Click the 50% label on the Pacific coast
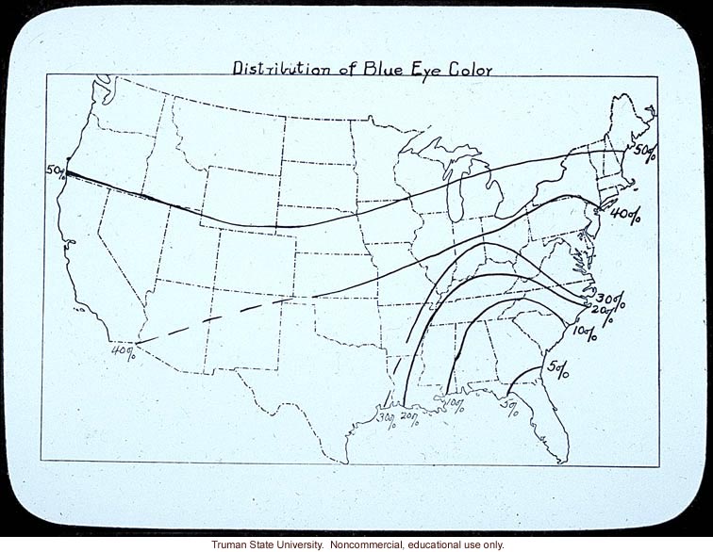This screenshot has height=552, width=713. pyautogui.click(x=55, y=170)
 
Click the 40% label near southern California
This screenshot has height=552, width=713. pyautogui.click(x=123, y=353)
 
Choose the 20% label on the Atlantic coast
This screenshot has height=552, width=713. pyautogui.click(x=605, y=313)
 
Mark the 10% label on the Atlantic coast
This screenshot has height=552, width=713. pyautogui.click(x=585, y=332)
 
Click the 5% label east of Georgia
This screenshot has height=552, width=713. pyautogui.click(x=556, y=368)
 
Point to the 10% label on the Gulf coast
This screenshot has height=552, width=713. pyautogui.click(x=454, y=405)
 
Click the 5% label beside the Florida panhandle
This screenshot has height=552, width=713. pyautogui.click(x=509, y=407)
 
